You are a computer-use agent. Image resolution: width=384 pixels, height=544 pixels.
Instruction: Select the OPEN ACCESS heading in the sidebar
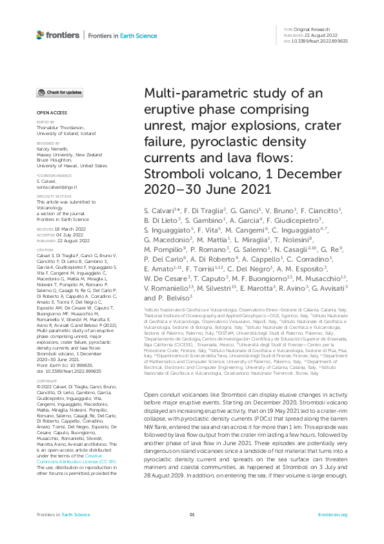coord(49,112)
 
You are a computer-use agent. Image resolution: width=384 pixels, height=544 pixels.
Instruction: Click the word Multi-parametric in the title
coord(185,96)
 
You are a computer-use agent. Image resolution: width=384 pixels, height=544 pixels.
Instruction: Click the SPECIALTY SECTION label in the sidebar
coord(54,196)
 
